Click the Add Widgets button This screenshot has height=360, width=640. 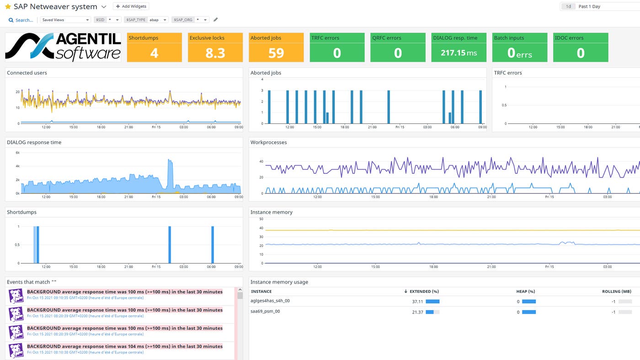pos(131,6)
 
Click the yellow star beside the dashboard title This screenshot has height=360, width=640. pos(8,7)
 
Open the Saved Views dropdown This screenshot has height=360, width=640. pos(65,20)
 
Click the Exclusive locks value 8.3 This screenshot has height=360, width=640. pos(215,53)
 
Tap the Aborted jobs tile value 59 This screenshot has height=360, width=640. pos(276,53)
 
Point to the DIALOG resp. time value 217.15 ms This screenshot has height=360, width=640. pos(459,53)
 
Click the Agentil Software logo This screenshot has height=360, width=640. pos(63,47)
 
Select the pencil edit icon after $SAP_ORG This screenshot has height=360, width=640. pos(216,20)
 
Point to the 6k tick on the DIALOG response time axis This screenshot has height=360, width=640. pos(17,153)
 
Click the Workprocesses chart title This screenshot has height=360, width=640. pos(268,142)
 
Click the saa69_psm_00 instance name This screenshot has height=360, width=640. pos(265,312)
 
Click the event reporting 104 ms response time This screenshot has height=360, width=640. pos(124,346)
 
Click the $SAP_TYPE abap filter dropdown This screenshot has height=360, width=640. pos(158,20)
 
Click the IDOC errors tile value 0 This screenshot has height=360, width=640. pos(580,53)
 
